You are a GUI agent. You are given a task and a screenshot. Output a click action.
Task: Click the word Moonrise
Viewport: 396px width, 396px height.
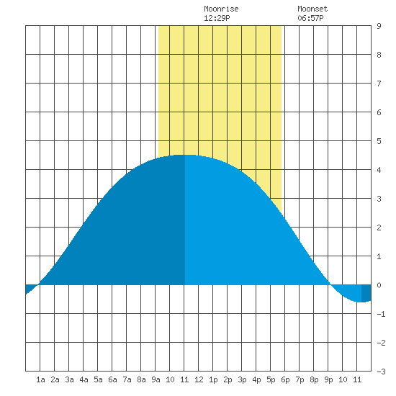(221, 9)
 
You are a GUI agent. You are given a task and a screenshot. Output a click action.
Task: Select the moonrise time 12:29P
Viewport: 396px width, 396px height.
(217, 18)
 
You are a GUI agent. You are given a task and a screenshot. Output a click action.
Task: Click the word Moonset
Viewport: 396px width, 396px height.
(312, 9)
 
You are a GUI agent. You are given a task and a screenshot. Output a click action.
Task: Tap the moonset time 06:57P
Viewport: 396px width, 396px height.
(310, 18)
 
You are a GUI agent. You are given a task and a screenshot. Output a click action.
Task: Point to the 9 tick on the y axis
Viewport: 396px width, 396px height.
(379, 26)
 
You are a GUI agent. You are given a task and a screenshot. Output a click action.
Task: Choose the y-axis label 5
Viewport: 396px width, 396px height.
(379, 141)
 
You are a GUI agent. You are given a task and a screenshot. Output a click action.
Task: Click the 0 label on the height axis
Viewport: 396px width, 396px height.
(379, 285)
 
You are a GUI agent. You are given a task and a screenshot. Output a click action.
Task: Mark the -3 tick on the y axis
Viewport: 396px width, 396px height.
(381, 372)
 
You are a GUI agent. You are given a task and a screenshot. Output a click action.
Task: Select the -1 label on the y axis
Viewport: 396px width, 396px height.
(381, 314)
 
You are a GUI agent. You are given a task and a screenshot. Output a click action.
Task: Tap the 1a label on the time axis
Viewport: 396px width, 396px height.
(40, 379)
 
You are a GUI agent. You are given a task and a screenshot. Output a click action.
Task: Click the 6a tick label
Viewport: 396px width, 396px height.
(112, 379)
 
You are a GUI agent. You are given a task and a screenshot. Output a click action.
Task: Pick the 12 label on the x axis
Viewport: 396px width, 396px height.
(199, 379)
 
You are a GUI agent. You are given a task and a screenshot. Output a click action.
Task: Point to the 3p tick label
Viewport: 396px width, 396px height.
(242, 379)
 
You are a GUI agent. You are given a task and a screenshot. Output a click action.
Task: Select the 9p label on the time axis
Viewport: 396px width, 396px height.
(328, 379)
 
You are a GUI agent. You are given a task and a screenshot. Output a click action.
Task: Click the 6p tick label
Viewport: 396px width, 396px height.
(285, 379)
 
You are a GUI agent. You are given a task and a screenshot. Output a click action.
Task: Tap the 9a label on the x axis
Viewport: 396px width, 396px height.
(156, 379)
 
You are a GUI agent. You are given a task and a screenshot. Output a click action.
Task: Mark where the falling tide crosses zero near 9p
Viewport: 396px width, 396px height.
(330, 284)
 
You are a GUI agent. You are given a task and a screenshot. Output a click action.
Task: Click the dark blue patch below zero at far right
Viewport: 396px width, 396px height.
(366, 293)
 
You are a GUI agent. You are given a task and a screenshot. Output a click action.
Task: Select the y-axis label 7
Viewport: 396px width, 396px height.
(379, 84)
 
